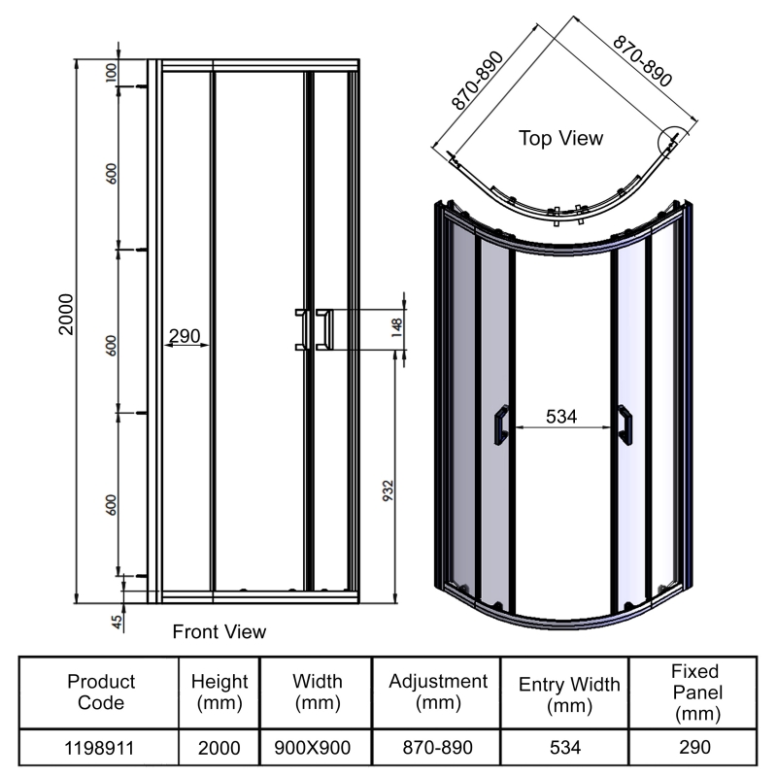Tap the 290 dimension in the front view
[185, 336]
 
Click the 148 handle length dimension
[397, 326]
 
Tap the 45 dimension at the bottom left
[118, 623]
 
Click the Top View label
[560, 138]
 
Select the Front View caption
[219, 632]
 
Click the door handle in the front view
[314, 327]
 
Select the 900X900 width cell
[311, 747]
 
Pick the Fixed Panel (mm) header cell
[694, 693]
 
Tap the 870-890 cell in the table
[436, 747]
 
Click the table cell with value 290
[694, 747]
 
